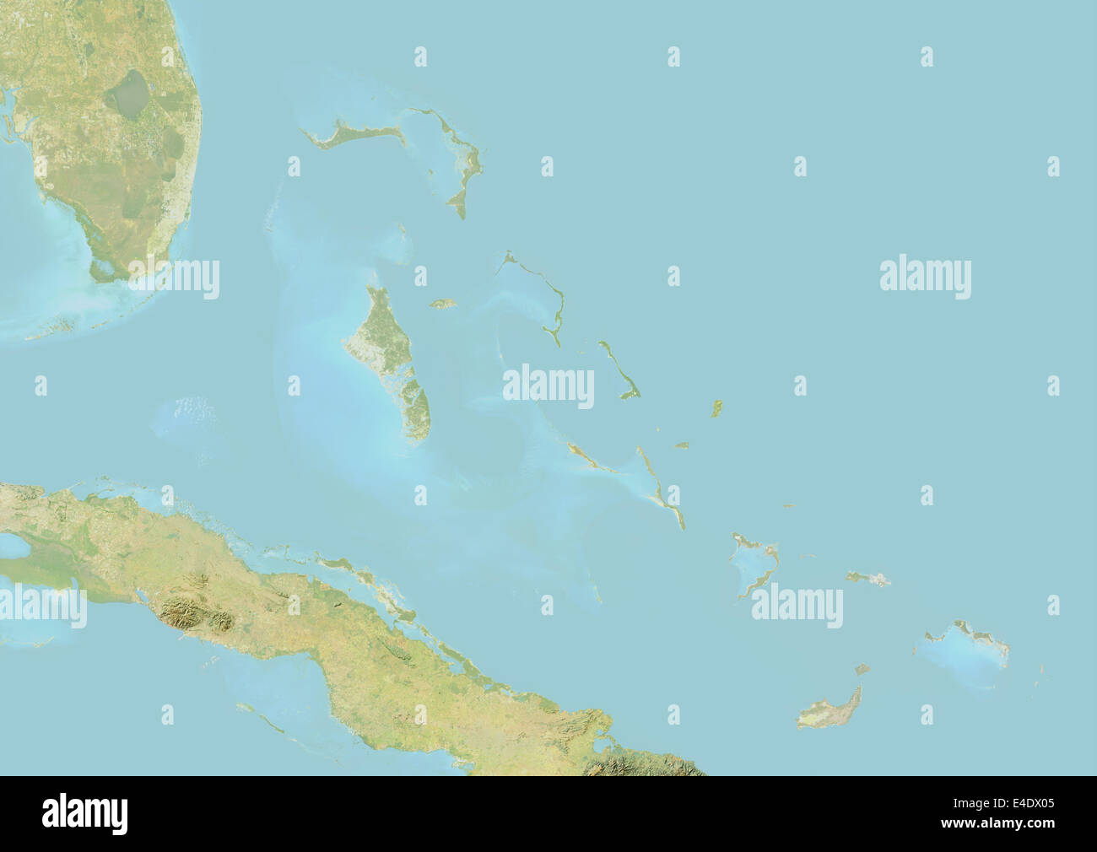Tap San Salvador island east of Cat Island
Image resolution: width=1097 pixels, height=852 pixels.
[x=717, y=408]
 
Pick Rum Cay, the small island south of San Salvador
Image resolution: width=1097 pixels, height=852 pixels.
[x=681, y=445]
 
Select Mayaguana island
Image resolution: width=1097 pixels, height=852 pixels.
[x=867, y=578]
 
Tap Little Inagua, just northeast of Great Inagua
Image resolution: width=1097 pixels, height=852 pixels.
[x=862, y=670]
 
